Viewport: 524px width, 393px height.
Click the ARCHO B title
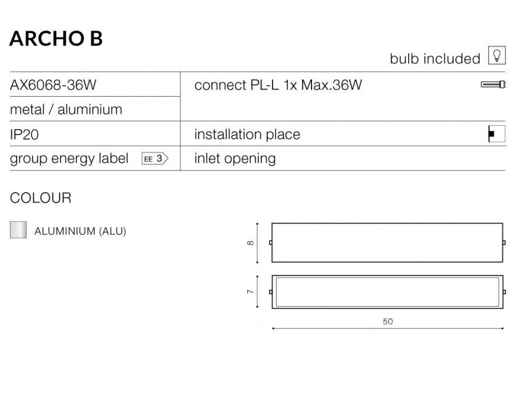[x=56, y=38]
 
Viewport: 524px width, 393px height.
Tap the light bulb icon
[x=497, y=55]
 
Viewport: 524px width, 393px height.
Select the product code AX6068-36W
[x=53, y=85]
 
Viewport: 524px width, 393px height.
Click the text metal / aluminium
[x=66, y=109]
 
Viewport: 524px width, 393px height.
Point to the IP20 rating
[x=24, y=134]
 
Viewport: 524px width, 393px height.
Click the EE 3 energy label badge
[x=155, y=158]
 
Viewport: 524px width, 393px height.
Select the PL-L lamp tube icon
[x=493, y=84]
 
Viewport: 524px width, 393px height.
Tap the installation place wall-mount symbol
[x=497, y=134]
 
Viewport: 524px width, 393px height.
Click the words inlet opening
[x=235, y=159]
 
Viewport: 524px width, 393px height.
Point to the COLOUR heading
[x=41, y=198]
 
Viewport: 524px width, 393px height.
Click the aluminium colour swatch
[x=19, y=229]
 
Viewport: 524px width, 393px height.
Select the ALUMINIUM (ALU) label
[x=80, y=231]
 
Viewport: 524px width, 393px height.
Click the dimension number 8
[x=250, y=243]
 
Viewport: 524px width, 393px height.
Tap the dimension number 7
[x=250, y=292]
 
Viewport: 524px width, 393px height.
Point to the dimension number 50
[x=388, y=321]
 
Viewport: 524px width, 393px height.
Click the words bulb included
[x=435, y=59]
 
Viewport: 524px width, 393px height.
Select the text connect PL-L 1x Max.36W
[x=278, y=85]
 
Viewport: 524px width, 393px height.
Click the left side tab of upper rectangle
[x=271, y=243]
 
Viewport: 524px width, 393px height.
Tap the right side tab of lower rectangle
[x=504, y=292]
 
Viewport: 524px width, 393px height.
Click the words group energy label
[x=69, y=159]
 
